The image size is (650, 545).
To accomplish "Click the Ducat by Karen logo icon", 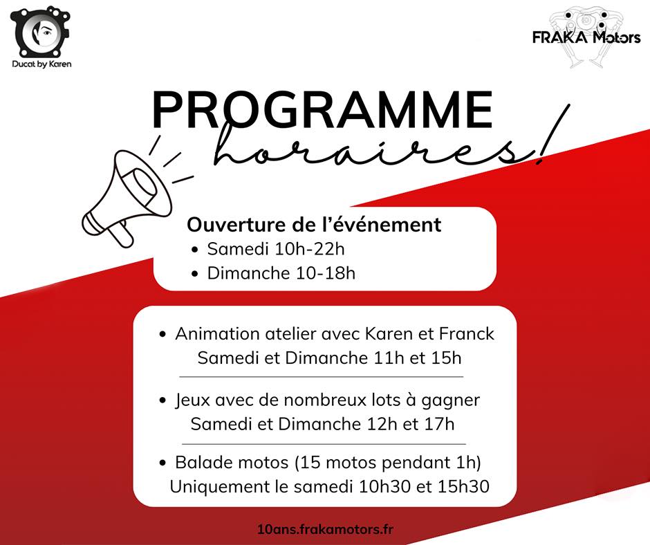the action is tap(40, 32).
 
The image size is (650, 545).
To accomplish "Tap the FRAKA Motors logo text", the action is tap(586, 38).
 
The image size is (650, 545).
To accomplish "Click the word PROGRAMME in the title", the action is tap(322, 111).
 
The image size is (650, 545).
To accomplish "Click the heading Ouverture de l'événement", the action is tap(314, 224).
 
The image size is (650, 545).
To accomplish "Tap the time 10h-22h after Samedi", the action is tap(309, 249).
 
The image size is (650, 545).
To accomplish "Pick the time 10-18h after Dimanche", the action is tap(326, 273).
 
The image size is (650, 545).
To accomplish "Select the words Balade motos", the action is tap(232, 462).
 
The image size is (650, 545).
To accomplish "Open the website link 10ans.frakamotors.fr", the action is tap(325, 529).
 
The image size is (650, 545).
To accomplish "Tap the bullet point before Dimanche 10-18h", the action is tap(195, 274).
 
